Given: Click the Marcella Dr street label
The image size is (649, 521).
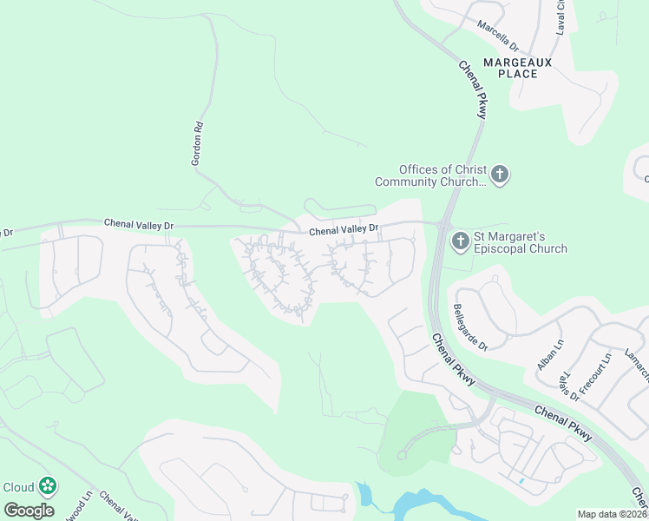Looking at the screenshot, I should (x=497, y=34).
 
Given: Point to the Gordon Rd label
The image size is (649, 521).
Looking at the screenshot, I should (x=198, y=143).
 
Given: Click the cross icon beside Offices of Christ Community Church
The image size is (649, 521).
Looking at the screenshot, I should (x=499, y=175).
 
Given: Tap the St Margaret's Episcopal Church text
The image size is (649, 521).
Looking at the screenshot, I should (x=520, y=242).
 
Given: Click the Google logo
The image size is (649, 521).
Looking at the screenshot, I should (x=29, y=511).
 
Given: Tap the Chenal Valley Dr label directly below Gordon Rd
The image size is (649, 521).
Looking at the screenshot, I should (x=139, y=224).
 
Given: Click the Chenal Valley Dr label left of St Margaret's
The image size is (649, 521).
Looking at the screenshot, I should (x=344, y=229).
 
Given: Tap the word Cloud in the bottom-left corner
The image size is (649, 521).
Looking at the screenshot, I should (x=19, y=487).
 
